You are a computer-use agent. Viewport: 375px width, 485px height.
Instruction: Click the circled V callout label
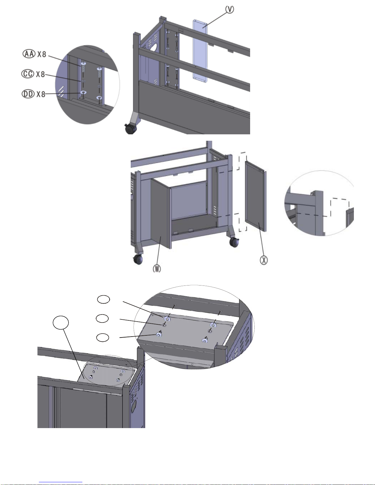click(230, 9)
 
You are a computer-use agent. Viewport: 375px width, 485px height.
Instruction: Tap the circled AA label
click(29, 54)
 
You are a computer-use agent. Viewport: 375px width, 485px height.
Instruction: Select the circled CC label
click(28, 74)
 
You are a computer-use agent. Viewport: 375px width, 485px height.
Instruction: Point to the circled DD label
click(28, 94)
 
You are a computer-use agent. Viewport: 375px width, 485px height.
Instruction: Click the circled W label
click(157, 268)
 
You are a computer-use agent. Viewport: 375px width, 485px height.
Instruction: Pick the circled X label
click(264, 260)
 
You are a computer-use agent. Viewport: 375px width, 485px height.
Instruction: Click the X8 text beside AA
click(42, 54)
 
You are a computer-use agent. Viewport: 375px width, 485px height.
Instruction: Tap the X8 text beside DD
click(41, 94)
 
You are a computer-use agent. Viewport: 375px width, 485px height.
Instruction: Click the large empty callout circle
click(61, 323)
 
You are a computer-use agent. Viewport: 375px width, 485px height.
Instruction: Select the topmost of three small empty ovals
click(103, 300)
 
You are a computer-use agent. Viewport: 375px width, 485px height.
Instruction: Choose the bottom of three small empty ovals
click(103, 338)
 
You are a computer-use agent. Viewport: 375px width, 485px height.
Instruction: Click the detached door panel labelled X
click(256, 196)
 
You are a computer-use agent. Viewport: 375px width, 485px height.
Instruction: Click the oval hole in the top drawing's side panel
click(154, 47)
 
